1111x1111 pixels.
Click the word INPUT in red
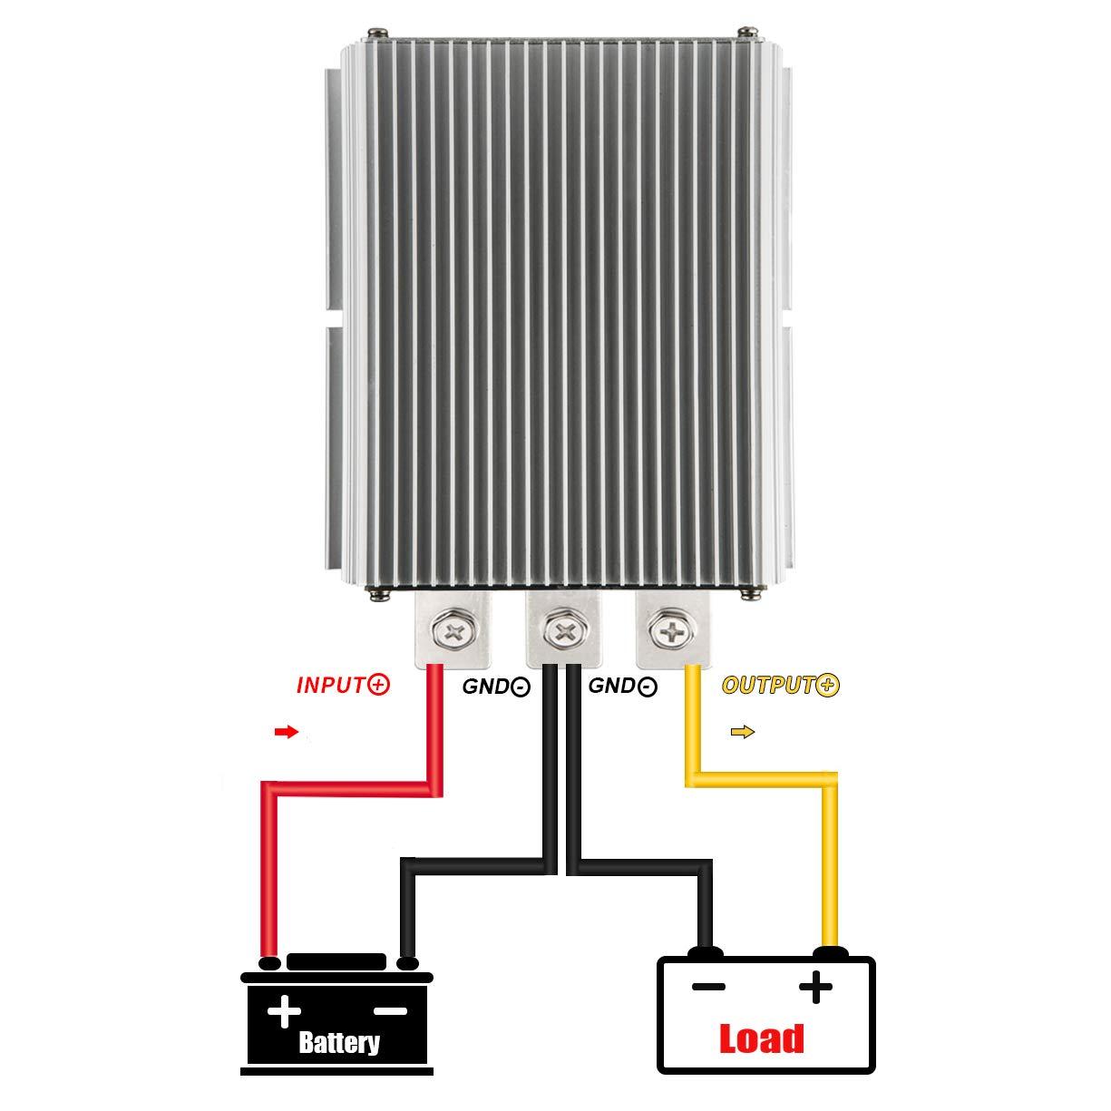pos(332,685)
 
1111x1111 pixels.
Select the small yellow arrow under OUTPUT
pos(743,732)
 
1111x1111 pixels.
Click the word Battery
pos(339,1042)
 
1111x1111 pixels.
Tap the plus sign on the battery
pos(284,1009)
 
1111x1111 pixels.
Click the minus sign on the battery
pos(390,1010)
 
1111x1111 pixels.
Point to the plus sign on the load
pos(816,987)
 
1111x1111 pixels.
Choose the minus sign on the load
pos(708,987)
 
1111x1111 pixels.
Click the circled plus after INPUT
pos(379,685)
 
